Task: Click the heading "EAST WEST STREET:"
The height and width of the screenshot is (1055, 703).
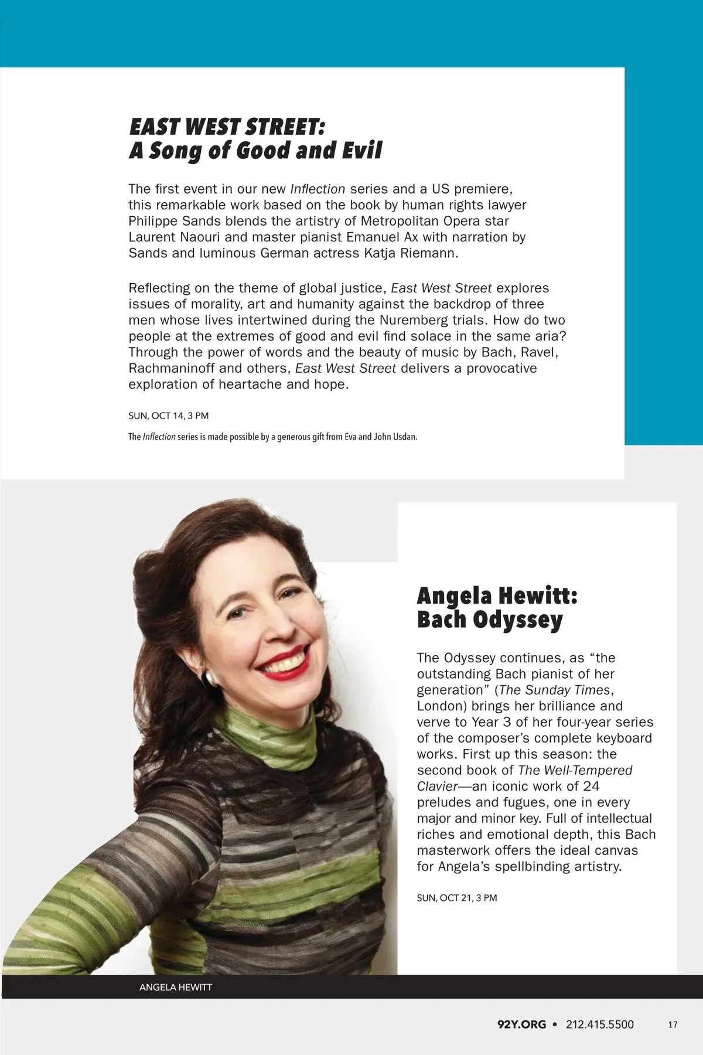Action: pyautogui.click(x=227, y=127)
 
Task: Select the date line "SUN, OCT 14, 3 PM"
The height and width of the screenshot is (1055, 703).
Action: pyautogui.click(x=168, y=416)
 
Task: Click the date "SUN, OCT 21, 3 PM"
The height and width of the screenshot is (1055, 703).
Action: pyautogui.click(x=456, y=897)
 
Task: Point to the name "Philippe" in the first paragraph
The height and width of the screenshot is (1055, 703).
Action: pyautogui.click(x=153, y=221)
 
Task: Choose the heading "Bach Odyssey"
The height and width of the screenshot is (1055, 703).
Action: pyautogui.click(x=490, y=620)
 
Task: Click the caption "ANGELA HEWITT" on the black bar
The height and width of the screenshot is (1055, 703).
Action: pyautogui.click(x=175, y=987)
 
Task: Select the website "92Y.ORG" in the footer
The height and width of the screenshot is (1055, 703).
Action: pyautogui.click(x=521, y=1025)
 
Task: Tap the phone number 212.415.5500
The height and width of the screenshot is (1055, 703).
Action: pyautogui.click(x=599, y=1025)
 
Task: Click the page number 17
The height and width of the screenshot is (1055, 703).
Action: pyautogui.click(x=673, y=1025)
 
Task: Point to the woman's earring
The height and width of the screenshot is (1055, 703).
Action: pyautogui.click(x=209, y=679)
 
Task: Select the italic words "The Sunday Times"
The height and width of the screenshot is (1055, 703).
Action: pyautogui.click(x=555, y=690)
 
